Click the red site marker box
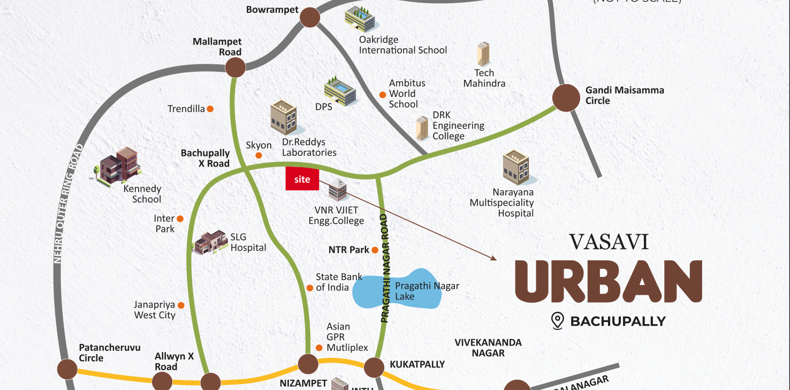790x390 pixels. point(302,179)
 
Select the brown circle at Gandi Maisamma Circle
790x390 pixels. point(566,97)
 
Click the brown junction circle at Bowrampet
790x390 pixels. point(309,17)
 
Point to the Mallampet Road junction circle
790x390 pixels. point(235,67)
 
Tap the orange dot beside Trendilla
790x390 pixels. point(210,109)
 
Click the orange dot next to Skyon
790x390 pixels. point(259,155)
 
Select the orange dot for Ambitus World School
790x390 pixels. point(383,95)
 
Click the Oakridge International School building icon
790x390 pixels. point(360,19)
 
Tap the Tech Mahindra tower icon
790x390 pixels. point(483,54)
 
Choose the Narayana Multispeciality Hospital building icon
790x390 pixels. point(515,167)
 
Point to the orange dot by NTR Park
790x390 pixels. point(375,250)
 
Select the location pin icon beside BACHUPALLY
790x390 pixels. point(558,321)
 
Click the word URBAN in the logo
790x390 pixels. point(608,281)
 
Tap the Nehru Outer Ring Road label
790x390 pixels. point(66,204)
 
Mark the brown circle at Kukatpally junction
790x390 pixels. point(374,367)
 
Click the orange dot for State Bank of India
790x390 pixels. point(310,288)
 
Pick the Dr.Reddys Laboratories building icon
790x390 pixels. point(283,117)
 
